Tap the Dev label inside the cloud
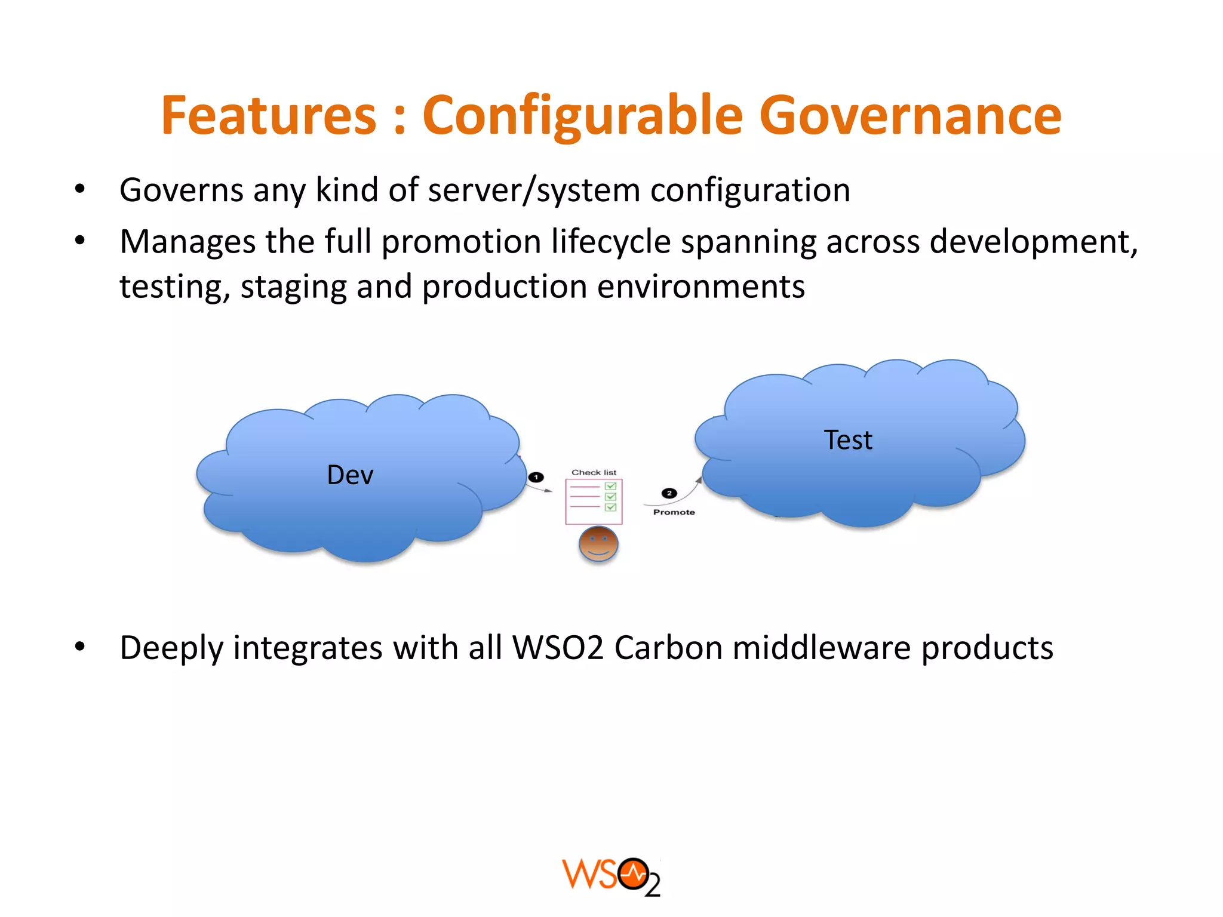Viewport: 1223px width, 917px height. point(350,475)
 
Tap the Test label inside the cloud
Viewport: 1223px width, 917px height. point(848,440)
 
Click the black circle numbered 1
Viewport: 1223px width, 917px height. point(536,477)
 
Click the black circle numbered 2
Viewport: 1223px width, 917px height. point(669,493)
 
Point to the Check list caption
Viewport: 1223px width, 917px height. point(594,472)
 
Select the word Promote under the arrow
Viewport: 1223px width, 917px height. point(674,512)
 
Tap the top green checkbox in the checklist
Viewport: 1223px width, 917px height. point(610,486)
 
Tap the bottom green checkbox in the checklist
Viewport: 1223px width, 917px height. point(610,507)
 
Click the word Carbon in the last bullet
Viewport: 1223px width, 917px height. point(668,648)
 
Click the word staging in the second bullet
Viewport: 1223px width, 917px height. point(293,287)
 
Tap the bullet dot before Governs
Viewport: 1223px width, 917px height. point(80,189)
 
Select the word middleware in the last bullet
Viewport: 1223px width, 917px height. point(822,648)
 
